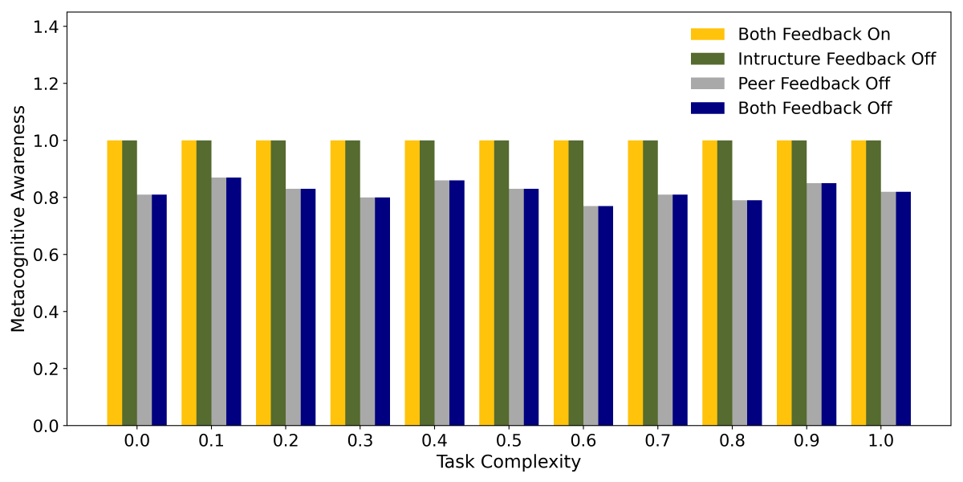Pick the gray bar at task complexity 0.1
(218, 301)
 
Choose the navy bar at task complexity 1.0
(904, 308)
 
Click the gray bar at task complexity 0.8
(739, 312)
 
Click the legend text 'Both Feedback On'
(814, 35)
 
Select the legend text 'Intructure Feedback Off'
(836, 59)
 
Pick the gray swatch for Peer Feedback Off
(707, 84)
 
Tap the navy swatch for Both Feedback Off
(707, 108)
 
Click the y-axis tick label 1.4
(50, 27)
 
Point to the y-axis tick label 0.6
(50, 255)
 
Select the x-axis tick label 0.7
(657, 441)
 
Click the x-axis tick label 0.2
(286, 441)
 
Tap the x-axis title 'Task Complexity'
(508, 463)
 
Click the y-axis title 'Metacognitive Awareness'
(18, 219)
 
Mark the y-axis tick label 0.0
(50, 426)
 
